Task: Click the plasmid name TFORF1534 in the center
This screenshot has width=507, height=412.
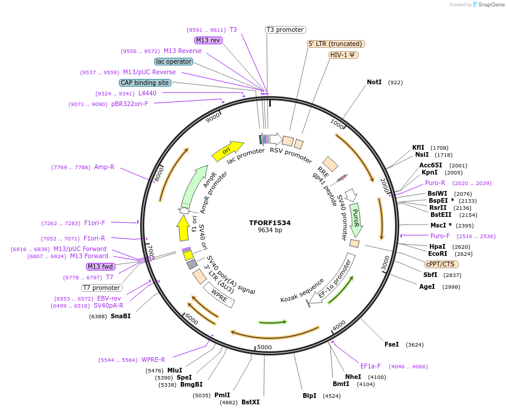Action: [270, 223]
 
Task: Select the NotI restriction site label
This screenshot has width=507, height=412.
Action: [374, 82]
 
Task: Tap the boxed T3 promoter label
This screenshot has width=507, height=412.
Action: [285, 29]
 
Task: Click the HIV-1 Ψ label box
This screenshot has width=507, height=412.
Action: [343, 55]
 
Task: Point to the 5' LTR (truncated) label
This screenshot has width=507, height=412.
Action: [336, 44]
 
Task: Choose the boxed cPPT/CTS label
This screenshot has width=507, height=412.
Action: [440, 264]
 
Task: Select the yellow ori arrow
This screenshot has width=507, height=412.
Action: [228, 150]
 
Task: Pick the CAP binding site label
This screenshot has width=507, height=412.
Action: [145, 83]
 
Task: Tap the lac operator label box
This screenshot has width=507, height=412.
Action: [174, 61]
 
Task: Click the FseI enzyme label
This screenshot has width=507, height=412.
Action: [392, 344]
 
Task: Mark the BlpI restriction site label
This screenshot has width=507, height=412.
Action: [310, 395]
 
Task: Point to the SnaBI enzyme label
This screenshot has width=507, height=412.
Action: [121, 316]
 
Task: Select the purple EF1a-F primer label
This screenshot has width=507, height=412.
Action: [370, 366]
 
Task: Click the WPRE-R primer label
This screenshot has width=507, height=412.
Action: [153, 360]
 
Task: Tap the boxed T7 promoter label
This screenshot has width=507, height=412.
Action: [101, 288]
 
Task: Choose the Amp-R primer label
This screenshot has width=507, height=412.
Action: [104, 167]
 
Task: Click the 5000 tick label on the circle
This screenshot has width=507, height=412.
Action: [264, 347]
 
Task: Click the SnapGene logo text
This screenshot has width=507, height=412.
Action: [492, 4]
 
